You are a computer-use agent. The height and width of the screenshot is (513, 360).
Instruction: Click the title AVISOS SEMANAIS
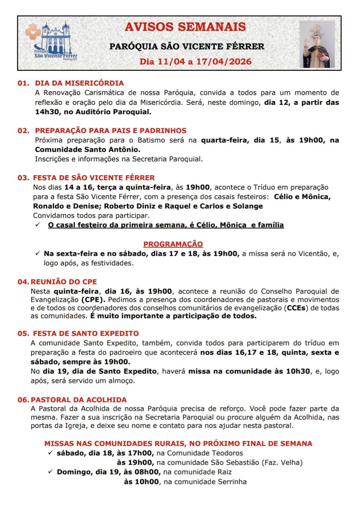(185, 27)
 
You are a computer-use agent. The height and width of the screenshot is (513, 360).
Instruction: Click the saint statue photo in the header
(317, 44)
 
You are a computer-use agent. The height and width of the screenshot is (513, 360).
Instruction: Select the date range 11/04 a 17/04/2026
(195, 61)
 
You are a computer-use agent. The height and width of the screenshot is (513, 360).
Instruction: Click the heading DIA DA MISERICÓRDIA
(79, 83)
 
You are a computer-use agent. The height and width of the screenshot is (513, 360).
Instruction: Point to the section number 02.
(23, 130)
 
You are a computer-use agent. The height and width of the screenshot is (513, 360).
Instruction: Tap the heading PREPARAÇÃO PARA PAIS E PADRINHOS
(111, 130)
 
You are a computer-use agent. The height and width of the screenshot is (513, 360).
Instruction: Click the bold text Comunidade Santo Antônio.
(88, 149)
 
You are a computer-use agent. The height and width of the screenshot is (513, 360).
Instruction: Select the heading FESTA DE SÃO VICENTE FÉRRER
(94, 178)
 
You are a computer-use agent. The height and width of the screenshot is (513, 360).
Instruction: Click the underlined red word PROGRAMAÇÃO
(173, 244)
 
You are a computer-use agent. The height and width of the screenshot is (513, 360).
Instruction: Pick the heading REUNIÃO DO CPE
(64, 282)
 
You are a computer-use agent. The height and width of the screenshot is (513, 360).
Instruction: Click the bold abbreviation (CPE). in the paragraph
(94, 300)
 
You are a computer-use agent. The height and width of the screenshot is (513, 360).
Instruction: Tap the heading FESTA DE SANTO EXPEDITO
(86, 333)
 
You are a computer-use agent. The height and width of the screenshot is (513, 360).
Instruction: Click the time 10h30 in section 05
(298, 371)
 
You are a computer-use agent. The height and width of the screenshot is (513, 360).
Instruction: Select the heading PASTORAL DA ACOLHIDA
(79, 400)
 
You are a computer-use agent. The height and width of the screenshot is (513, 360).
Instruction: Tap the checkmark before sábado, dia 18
(50, 453)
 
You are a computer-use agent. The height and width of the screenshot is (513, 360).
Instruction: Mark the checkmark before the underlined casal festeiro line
(38, 225)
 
